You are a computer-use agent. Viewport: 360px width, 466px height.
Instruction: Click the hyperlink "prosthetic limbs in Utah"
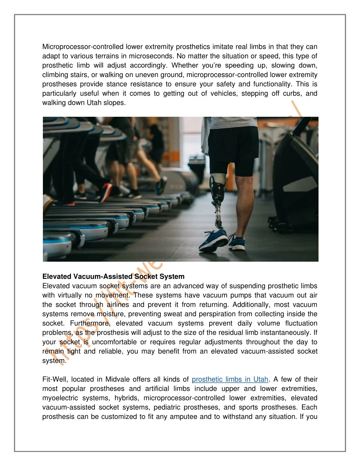(230, 379)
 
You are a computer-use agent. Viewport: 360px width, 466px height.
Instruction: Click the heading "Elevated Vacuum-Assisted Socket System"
(113, 277)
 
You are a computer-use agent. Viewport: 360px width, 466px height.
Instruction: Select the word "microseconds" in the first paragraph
(151, 56)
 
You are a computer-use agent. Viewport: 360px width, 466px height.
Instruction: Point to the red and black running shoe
(105, 192)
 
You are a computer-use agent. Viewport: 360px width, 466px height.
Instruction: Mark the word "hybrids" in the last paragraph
(128, 398)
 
